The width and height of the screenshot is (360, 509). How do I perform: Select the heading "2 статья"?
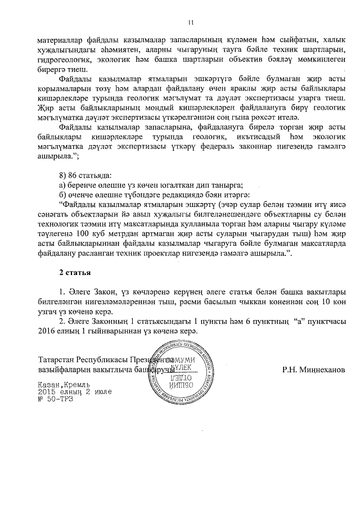point(76,272)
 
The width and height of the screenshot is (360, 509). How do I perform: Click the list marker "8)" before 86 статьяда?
point(64,175)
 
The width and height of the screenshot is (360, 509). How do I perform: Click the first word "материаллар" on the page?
point(64,40)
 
